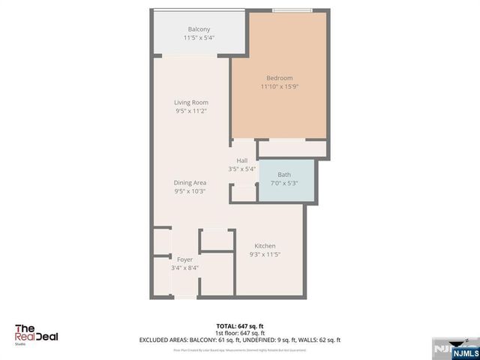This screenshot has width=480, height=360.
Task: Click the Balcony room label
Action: coord(199,28)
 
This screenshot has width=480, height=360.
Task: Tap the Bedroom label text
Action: coord(279,78)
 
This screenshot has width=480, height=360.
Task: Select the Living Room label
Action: coord(191,102)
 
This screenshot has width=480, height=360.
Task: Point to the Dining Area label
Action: coord(190,182)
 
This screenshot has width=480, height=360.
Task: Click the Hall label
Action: coord(242,160)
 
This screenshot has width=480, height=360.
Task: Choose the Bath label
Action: coord(284,175)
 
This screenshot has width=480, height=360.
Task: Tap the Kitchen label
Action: coord(265,246)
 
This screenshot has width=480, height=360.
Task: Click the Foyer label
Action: coord(184,259)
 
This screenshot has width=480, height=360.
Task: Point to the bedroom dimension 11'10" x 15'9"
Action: coord(279,87)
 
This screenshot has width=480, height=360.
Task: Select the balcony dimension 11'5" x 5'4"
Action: coord(199,37)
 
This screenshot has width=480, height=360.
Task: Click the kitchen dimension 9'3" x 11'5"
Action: coord(265,255)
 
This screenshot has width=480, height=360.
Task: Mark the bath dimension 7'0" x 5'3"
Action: coord(284,183)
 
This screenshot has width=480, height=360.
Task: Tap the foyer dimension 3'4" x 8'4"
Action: coord(184,268)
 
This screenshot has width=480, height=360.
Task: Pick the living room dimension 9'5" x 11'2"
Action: coord(191,111)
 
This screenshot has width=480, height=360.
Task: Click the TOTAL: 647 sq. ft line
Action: coord(240,325)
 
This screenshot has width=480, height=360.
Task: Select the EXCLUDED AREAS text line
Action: coord(240,339)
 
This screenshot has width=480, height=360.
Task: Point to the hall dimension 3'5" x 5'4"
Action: coord(242,169)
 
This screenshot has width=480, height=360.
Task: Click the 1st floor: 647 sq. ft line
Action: coord(240,332)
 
